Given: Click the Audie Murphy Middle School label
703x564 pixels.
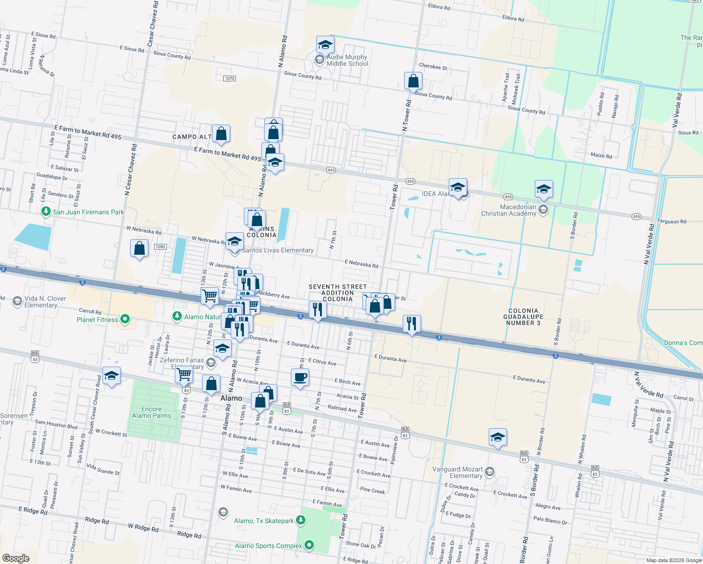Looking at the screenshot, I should point(347,60).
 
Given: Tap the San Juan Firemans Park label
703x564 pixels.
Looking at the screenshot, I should point(88,212).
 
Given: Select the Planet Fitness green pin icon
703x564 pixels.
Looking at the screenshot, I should point(125,320).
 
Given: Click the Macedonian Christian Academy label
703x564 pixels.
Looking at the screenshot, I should point(508,210).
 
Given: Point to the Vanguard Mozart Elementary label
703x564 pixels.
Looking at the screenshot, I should point(457,472).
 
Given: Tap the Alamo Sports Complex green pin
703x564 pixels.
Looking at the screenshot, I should point(309,545).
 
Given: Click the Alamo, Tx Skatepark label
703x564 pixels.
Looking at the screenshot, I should point(264,521).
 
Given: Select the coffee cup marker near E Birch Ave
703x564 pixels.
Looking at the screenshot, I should point(300,377).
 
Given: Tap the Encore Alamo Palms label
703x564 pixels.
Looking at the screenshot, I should point(151,412).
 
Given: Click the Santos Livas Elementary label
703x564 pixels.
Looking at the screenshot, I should point(278,250).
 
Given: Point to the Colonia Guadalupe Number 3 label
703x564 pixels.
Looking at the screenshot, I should point(523,317).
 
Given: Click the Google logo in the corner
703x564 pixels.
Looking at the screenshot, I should point(16,558).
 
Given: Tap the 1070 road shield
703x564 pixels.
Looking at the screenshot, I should point(229,78).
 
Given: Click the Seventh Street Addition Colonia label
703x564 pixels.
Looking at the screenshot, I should point(337,293).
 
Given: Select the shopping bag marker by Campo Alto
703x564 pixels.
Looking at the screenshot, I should point(221,133).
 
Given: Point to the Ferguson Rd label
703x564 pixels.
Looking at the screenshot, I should point(672,221).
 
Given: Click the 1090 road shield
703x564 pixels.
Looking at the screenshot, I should point(160,247).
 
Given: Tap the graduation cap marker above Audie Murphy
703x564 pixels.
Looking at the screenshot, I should point(325,45).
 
